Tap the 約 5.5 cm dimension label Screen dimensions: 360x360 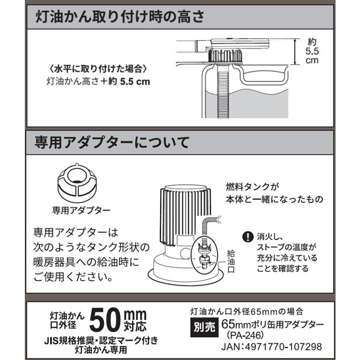click(x=312, y=51)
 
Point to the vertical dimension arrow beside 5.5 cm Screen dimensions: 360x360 click(x=295, y=52)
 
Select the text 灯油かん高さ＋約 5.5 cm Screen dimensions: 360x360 click(x=98, y=82)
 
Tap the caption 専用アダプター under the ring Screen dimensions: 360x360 click(x=76, y=209)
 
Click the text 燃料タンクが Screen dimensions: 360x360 click(x=251, y=186)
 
